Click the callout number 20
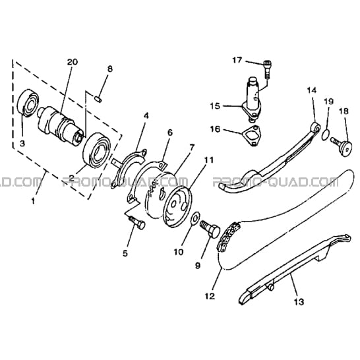[x=73, y=62]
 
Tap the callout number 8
[x=110, y=69]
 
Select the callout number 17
[x=237, y=61]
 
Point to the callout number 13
[x=299, y=301]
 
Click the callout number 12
[x=210, y=296]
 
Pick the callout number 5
[x=125, y=253]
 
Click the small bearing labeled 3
[x=28, y=103]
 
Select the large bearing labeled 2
[x=96, y=150]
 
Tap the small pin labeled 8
[x=98, y=100]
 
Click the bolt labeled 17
[x=268, y=69]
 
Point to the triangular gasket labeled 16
[x=252, y=136]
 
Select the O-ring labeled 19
[x=326, y=135]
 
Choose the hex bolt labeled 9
[x=210, y=229]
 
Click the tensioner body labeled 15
[x=251, y=99]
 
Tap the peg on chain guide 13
[x=270, y=287]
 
